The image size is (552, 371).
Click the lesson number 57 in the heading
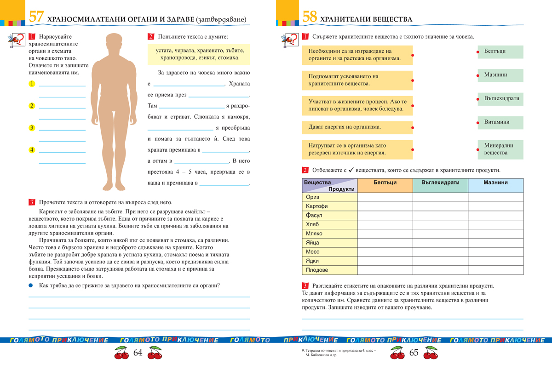pyautogui.click(x=36, y=18)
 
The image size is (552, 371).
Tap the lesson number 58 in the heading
pyautogui.click(x=310, y=18)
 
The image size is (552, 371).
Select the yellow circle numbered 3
pyautogui.click(x=32, y=128)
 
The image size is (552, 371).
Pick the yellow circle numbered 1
pyautogui.click(x=32, y=84)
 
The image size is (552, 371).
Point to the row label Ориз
pyautogui.click(x=330, y=197)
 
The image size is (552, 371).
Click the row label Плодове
pyautogui.click(x=330, y=270)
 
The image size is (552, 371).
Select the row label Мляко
pyautogui.click(x=330, y=234)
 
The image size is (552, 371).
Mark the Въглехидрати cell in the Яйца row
pyautogui.click(x=440, y=243)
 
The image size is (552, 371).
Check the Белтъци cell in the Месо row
pyautogui.click(x=385, y=252)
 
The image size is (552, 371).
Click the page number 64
pyautogui.click(x=138, y=353)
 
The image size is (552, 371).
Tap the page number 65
pyautogui.click(x=414, y=353)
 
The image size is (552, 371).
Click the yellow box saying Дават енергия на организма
pyautogui.click(x=357, y=126)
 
